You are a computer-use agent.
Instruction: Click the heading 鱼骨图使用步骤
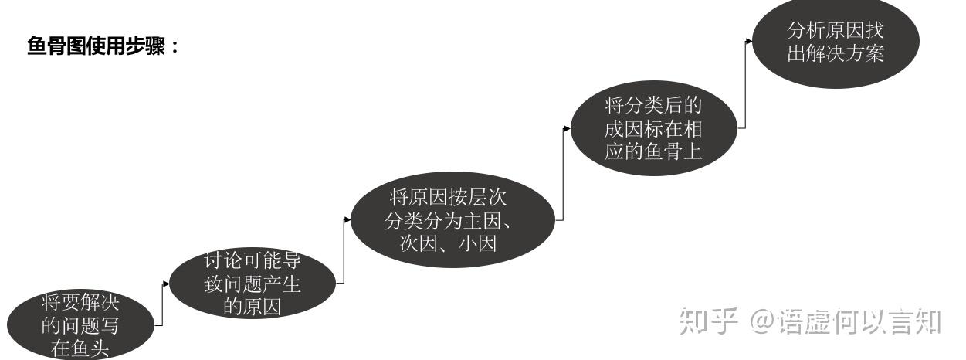click(103, 47)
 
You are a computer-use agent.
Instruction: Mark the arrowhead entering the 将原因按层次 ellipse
click(347, 219)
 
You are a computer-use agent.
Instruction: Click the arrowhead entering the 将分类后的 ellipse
click(568, 128)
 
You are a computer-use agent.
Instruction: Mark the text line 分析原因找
click(835, 30)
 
